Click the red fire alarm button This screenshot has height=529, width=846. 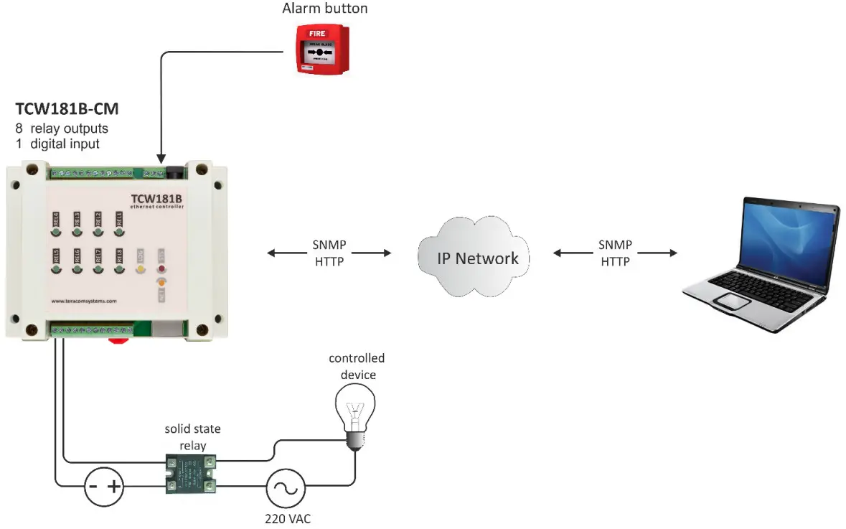[324, 50]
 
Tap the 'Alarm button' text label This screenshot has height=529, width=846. [325, 9]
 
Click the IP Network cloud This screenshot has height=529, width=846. [476, 259]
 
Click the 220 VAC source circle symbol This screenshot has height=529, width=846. [287, 489]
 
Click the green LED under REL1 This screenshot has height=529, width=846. [119, 232]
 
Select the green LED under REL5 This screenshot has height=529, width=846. [55, 269]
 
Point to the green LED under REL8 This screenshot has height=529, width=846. [119, 269]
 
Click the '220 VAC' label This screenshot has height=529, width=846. [288, 518]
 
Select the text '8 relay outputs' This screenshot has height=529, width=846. [62, 129]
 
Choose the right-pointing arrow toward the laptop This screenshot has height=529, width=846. [659, 253]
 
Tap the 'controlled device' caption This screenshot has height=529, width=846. [357, 366]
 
